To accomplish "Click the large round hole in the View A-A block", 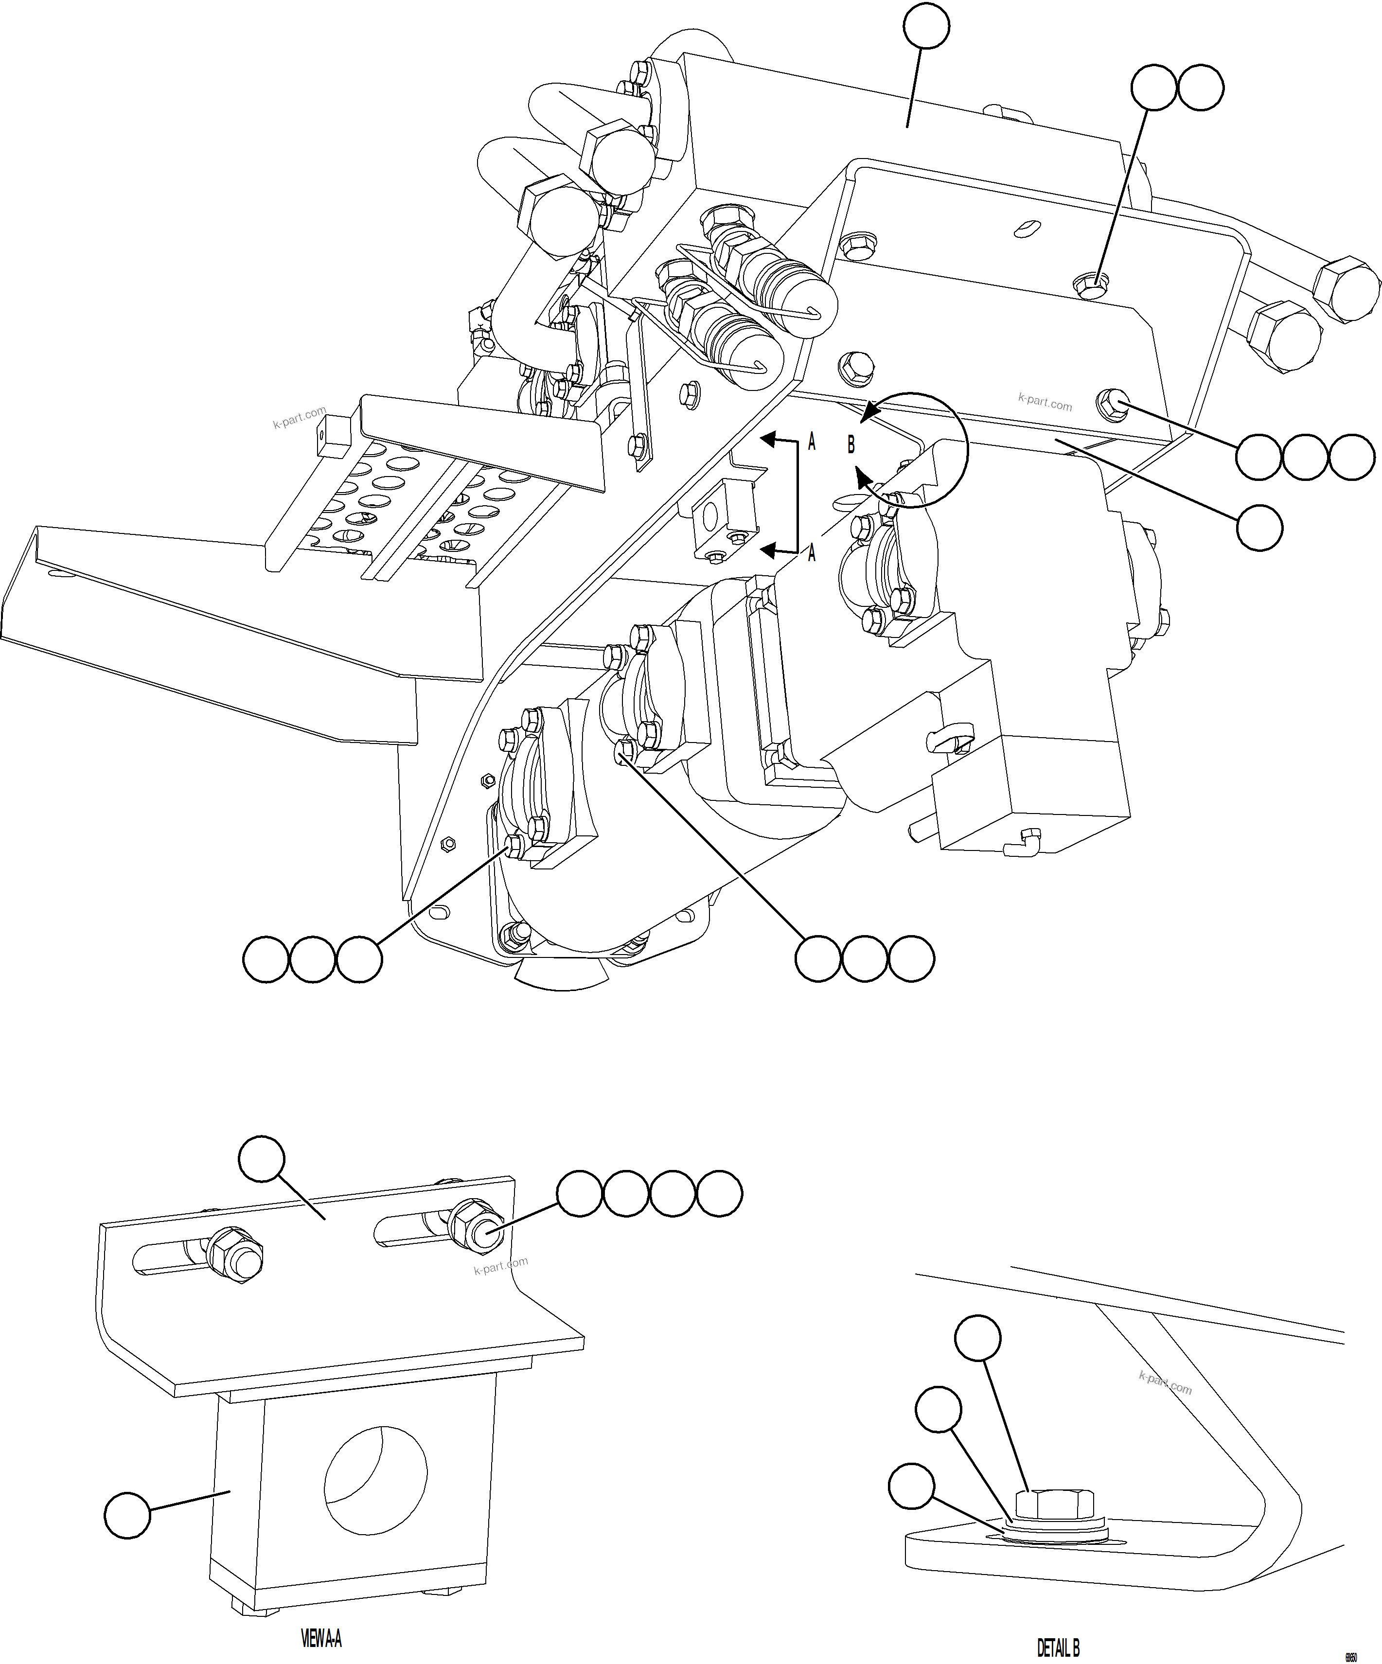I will coord(375,1478).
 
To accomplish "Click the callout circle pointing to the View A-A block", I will coord(127,1516).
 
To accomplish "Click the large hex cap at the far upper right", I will coord(1347,289).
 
